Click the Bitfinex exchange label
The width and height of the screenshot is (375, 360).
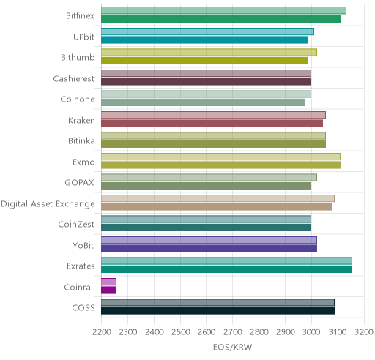point(80,16)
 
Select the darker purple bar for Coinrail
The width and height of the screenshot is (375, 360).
point(108,290)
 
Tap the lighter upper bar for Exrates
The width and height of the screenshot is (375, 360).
point(226,261)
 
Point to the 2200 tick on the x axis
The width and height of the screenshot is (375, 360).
point(101,332)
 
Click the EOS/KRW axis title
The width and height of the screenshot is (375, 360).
point(232,347)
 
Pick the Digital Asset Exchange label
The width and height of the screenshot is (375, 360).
point(48,204)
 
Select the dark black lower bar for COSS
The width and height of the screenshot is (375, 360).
point(218,311)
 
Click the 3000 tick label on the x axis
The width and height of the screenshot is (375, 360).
point(311,332)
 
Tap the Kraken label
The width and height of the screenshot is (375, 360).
point(81,120)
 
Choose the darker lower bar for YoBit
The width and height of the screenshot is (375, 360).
point(209,249)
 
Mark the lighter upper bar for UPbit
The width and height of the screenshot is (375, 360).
point(207,31)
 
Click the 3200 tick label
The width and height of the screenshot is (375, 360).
point(364,332)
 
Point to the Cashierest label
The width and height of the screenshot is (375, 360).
point(74,78)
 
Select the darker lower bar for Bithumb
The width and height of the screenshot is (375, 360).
point(204,61)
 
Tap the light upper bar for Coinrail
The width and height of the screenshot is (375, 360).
point(108,282)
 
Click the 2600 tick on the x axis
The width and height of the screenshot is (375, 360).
point(206,332)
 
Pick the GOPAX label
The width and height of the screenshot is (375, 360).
point(79,183)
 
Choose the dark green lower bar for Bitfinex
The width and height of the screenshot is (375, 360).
point(220,19)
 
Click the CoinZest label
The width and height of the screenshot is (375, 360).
point(76,225)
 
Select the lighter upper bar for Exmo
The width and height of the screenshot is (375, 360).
point(220,157)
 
